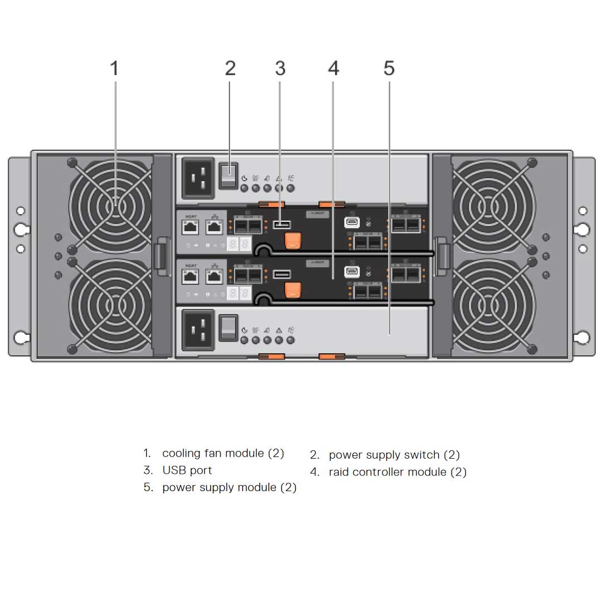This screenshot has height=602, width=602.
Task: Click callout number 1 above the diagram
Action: pos(114,69)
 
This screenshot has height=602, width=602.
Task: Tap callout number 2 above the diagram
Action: pos(230,69)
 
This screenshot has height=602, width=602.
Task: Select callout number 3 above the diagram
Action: pos(280,69)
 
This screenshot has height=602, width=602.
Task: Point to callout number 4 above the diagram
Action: pos(333,69)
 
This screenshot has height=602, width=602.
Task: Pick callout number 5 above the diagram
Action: pos(389,69)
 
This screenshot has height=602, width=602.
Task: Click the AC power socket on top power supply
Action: pos(198,178)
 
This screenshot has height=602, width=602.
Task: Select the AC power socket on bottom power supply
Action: pos(198,330)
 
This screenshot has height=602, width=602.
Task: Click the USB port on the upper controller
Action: pos(281,225)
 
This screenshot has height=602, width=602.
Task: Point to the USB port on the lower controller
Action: pos(281,274)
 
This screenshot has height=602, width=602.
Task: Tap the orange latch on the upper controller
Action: pos(293,240)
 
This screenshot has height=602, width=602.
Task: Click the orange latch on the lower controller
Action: pos(293,289)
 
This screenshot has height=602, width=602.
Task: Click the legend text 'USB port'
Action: pos(187,470)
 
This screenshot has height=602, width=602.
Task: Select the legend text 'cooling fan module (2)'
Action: pos(223,453)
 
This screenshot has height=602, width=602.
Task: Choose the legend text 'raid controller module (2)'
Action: pos(397,472)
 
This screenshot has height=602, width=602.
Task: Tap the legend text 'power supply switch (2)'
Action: pos(394,455)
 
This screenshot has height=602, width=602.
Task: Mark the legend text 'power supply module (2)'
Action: pos(229,488)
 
